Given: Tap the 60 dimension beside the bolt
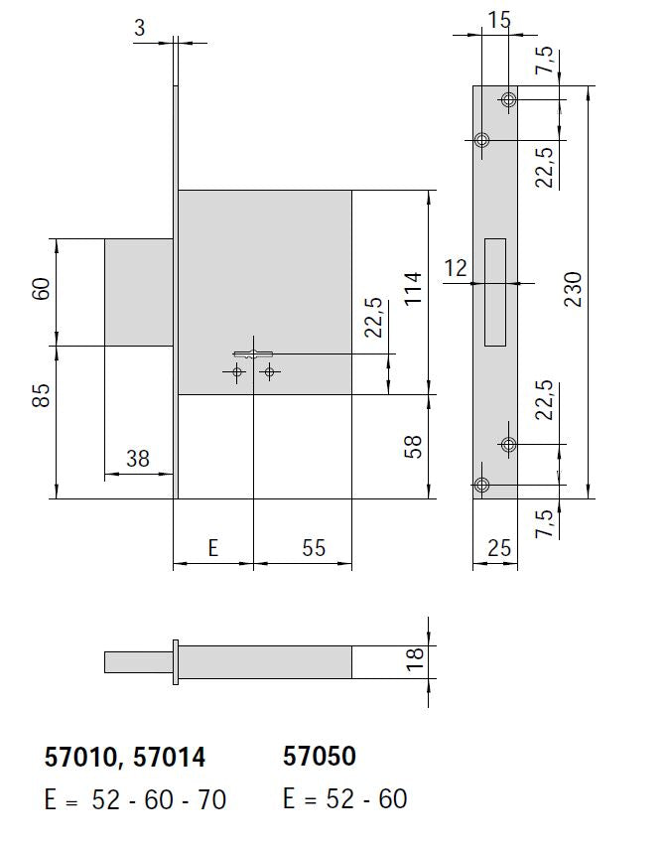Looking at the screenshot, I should coord(41,290).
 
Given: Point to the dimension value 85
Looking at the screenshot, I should coord(41,394).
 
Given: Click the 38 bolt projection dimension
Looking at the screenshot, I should coord(138,458).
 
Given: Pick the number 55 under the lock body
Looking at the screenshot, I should coord(313,548).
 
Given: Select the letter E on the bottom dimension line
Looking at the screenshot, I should coord(211,548).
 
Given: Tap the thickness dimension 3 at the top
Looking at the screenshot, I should coord(139,28).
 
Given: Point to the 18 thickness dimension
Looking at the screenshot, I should coord(415,655).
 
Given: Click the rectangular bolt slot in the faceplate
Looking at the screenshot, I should coord(494,292).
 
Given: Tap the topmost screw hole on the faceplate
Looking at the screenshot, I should coord(508,99).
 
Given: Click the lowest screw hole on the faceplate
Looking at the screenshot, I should coord(482,485).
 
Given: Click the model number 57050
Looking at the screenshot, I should coord(320,757).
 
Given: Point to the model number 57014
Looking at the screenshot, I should coord(170,758).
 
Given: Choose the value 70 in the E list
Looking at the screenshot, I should coord(212,800).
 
